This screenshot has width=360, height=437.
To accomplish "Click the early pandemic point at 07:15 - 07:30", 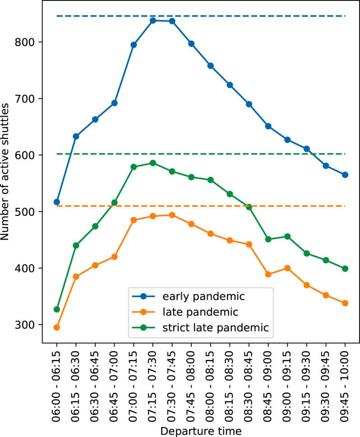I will pyautogui.click(x=153, y=20).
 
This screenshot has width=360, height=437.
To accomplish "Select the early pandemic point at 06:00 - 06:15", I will pyautogui.click(x=56, y=202).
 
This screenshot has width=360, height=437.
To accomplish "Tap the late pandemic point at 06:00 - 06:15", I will pyautogui.click(x=56, y=327).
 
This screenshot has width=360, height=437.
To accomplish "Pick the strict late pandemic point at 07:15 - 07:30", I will pyautogui.click(x=153, y=163).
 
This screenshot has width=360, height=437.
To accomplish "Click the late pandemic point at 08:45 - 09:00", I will pyautogui.click(x=268, y=274).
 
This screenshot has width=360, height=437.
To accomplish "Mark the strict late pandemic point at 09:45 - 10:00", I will pyautogui.click(x=345, y=269).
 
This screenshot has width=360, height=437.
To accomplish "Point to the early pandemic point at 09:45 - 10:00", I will pyautogui.click(x=345, y=175).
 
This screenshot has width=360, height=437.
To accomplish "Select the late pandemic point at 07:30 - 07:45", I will pyautogui.click(x=172, y=215).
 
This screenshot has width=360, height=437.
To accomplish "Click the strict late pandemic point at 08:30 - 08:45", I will pyautogui.click(x=249, y=207).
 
